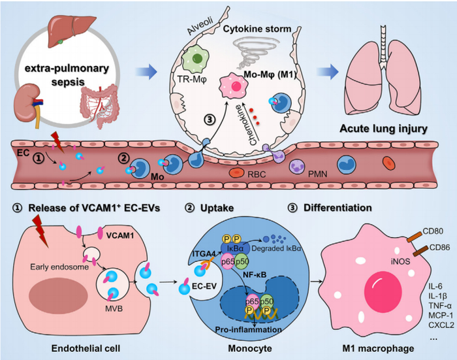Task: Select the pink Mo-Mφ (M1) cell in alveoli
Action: coord(233,87)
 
